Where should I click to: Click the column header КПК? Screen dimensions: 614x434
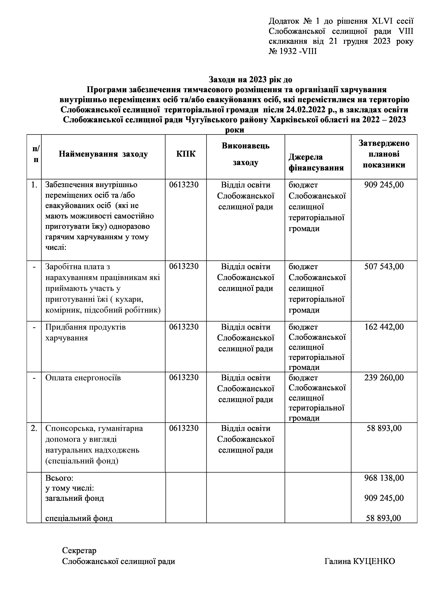(186, 154)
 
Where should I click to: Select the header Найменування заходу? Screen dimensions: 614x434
(103, 154)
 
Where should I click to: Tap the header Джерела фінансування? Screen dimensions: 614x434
(316, 162)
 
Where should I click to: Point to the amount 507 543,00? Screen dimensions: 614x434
(384, 267)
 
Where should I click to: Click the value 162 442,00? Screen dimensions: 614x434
(384, 327)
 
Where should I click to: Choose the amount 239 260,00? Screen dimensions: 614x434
(384, 378)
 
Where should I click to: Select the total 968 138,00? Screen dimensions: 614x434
(384, 478)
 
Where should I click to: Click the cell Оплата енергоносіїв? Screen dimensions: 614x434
(83, 378)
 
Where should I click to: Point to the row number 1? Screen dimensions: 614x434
(34, 185)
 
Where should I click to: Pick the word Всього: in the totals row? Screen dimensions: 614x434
(59, 478)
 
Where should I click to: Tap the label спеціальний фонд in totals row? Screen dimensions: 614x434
(79, 518)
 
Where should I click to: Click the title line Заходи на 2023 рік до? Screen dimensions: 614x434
(250, 79)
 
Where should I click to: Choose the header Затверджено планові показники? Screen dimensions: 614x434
(384, 154)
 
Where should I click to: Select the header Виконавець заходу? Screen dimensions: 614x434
(245, 154)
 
